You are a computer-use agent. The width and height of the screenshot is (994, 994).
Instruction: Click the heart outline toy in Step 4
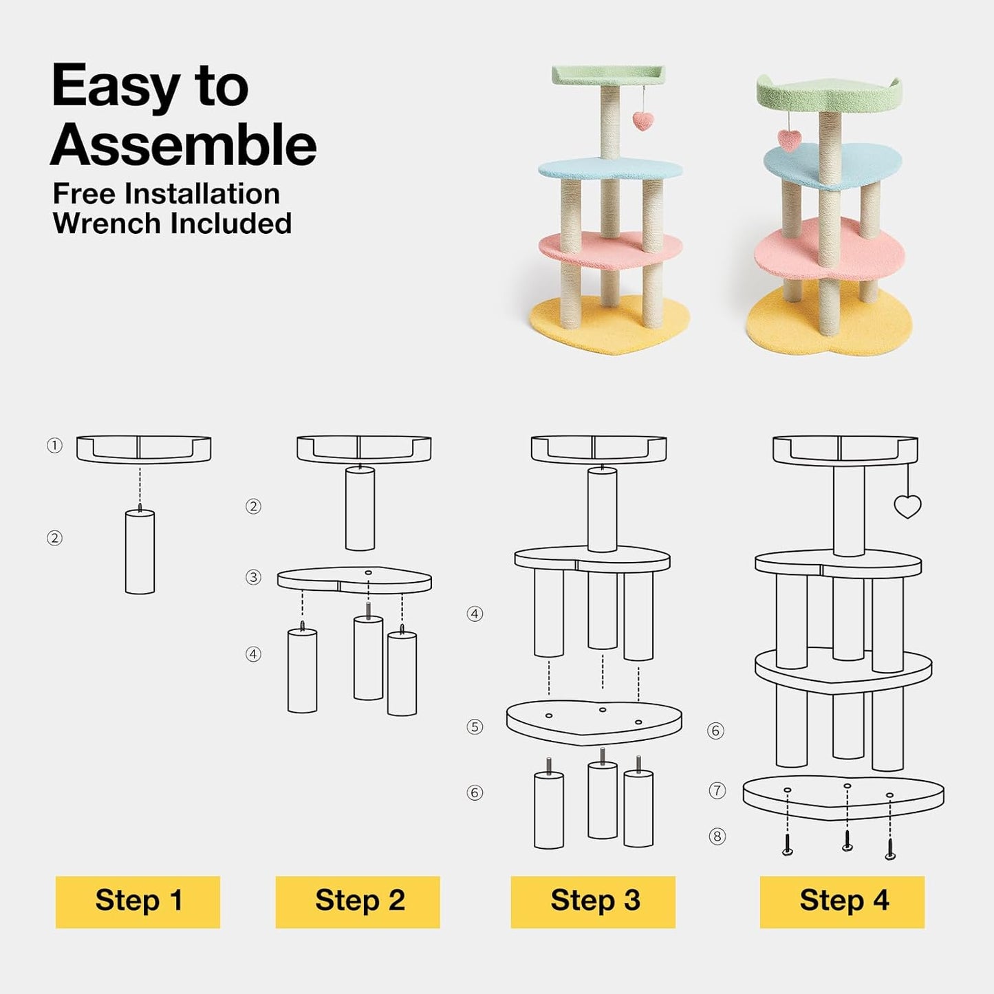coord(907,506)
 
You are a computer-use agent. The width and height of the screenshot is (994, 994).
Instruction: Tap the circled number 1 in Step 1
coord(54,446)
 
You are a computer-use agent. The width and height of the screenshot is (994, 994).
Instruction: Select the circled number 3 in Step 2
coord(252,577)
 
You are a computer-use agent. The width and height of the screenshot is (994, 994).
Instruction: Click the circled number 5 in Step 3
coord(475,727)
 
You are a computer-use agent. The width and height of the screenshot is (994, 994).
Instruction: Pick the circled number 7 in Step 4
coord(717,790)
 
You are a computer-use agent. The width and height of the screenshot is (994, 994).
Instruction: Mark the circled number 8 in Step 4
coord(717,836)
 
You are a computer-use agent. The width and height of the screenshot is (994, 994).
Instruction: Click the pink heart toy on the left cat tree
coord(643,120)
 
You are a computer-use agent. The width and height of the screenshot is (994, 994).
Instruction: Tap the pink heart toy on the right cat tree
coord(789,140)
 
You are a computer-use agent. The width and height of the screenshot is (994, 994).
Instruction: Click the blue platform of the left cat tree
coord(610,169)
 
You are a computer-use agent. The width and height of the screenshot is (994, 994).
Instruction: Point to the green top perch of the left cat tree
coord(608,75)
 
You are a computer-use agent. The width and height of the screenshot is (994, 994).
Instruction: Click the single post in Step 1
coord(140,552)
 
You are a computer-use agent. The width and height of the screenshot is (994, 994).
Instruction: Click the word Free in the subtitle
coord(84,194)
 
